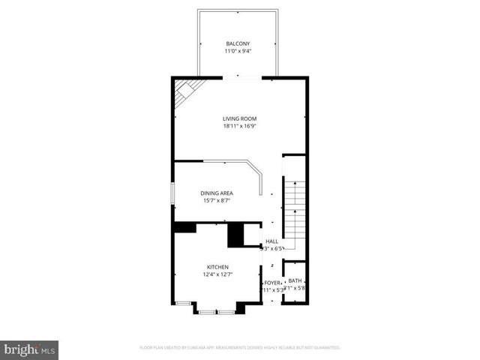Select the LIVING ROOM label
tap(239, 118)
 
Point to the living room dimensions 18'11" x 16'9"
tap(239, 127)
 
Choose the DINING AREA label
tap(216, 193)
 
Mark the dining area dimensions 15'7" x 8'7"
tap(216, 200)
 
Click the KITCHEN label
tap(218, 267)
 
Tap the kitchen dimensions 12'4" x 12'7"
tap(218, 274)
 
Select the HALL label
tap(271, 241)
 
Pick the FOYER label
tap(271, 283)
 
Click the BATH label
tap(295, 280)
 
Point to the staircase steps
tap(295, 214)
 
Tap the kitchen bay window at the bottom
tap(218, 309)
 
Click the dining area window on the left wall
tap(173, 195)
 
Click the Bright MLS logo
tap(29, 349)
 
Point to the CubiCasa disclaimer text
tap(240, 348)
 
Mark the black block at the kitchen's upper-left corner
tap(184, 226)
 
